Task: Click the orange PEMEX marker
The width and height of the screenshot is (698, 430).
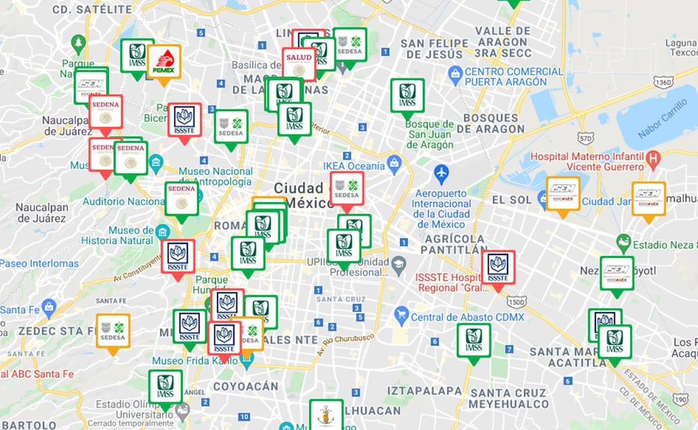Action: [164, 62]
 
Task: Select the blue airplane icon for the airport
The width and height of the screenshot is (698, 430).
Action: [441, 173]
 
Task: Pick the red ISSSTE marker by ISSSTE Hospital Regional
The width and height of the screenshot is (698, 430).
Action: [498, 268]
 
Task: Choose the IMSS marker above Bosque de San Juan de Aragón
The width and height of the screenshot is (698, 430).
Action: [407, 96]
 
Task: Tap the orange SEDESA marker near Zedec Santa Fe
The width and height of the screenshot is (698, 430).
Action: [113, 331]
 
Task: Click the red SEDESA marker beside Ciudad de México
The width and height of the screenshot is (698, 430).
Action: [347, 188]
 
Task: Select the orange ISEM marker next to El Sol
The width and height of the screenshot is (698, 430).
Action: [562, 194]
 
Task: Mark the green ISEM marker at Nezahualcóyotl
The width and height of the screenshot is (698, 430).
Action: [617, 273]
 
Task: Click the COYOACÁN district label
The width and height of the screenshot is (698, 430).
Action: [245, 386]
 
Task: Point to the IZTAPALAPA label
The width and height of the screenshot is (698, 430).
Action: [424, 391]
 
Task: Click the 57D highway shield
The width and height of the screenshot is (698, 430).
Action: [585, 138]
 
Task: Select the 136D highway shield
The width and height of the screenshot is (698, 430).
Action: [662, 82]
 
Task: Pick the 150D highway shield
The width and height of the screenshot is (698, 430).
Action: [516, 302]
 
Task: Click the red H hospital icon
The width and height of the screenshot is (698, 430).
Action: [653, 157]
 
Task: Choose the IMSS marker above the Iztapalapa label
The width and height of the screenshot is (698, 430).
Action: [473, 340]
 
